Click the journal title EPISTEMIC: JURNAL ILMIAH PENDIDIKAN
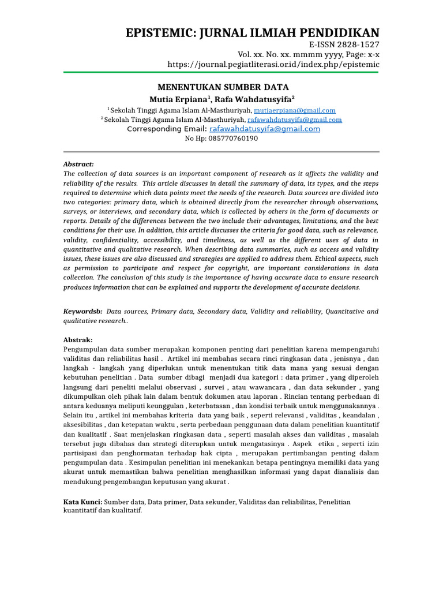pos(253,32)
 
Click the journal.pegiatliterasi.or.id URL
pos(273,64)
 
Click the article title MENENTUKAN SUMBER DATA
pos(219,87)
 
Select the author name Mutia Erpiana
pos(172,99)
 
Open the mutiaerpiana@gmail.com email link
pos(294,110)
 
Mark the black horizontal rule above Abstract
pos(221,152)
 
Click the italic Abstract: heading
pos(78,164)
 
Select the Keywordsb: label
pos(82,312)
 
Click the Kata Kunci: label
pos(82,503)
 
